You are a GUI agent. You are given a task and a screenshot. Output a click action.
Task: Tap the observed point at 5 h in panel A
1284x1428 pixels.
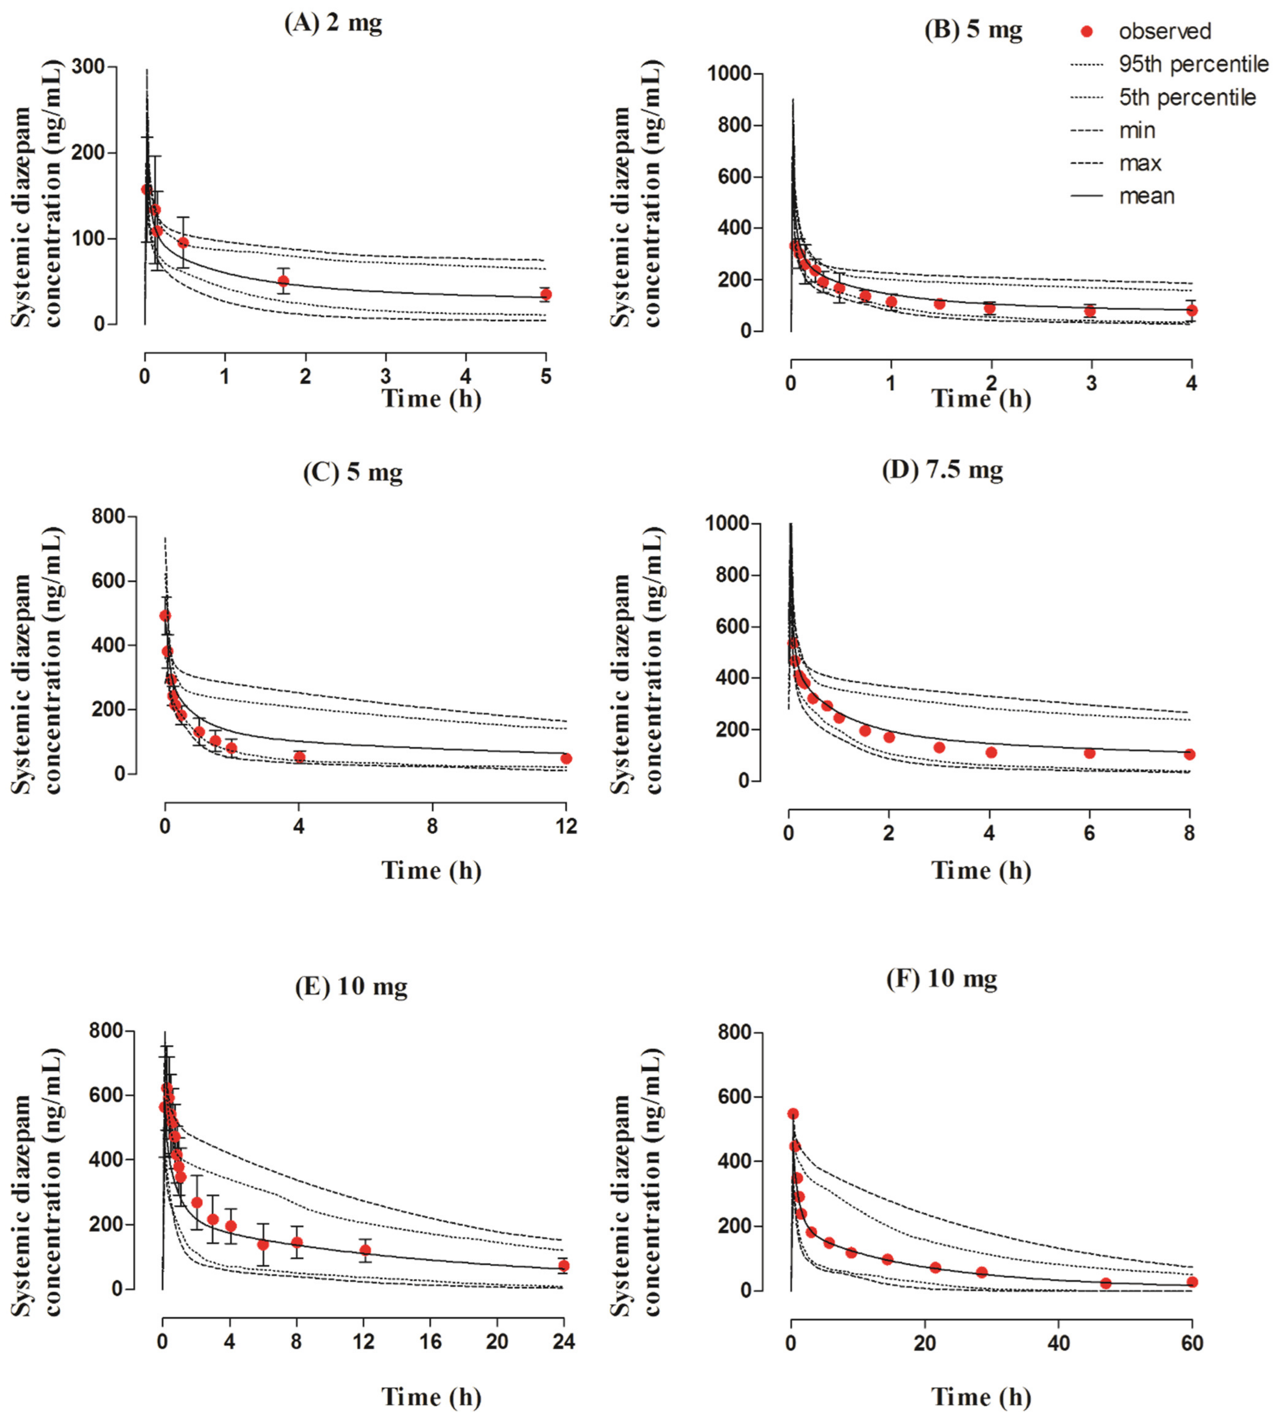(x=545, y=294)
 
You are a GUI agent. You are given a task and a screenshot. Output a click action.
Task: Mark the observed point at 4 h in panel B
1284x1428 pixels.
(x=1192, y=310)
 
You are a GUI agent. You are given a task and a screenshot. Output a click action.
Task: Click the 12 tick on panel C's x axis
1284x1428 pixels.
(x=566, y=826)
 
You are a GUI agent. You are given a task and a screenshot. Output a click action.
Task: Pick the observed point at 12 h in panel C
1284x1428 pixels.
(x=566, y=759)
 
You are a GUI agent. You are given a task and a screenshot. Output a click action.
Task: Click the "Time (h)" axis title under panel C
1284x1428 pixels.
(x=431, y=871)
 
